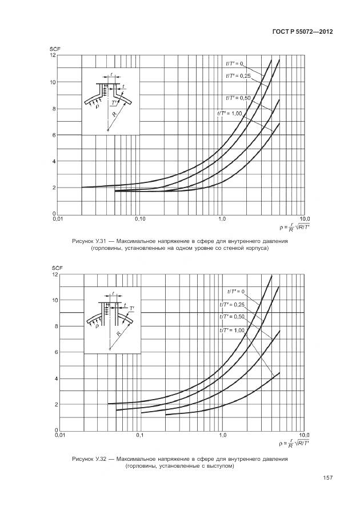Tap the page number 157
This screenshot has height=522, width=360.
pos(327,478)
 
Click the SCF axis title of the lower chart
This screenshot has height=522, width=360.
pos(56,268)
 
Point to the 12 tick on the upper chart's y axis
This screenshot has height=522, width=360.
pos(53,55)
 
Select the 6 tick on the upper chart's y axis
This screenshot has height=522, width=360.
pos(54,135)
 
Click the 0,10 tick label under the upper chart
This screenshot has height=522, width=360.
pos(140,219)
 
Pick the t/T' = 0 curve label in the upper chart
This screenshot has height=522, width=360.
pos(234,63)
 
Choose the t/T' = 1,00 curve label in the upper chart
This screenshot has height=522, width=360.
pos(230,113)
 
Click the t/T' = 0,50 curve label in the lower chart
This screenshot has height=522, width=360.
pos(232,317)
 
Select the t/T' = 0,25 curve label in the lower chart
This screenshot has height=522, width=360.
pos(232,304)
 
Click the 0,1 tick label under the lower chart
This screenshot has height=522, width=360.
pos(140,436)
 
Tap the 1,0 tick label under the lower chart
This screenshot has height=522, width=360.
pos(222,436)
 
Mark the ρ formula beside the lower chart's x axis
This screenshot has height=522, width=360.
pos(295,443)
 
